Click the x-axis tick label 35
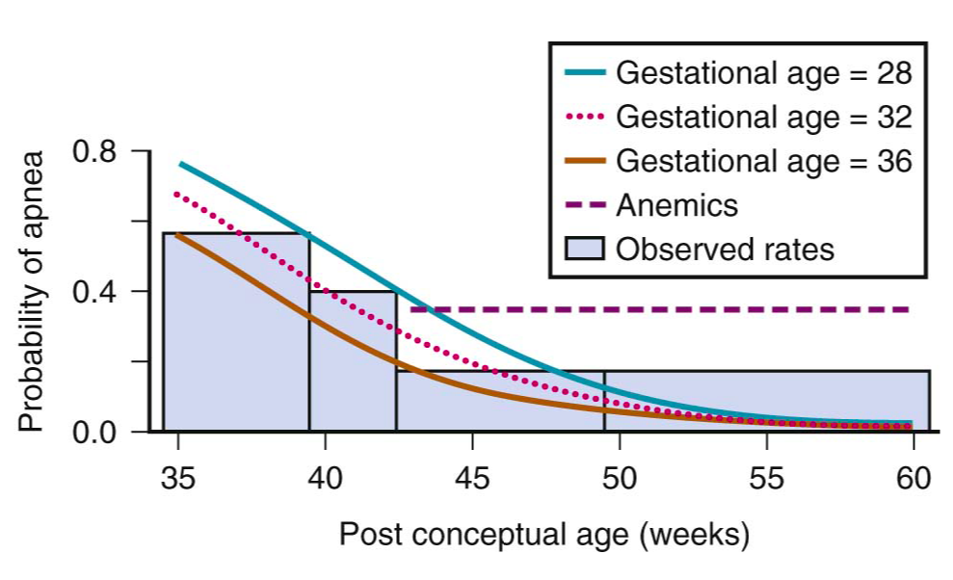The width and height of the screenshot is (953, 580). (179, 479)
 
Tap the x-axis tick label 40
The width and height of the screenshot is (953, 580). (326, 479)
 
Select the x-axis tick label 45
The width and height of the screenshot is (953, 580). (472, 479)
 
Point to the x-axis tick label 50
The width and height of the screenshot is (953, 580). (619, 479)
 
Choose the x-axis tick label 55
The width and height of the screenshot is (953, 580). (766, 479)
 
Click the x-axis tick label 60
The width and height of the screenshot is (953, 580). (913, 479)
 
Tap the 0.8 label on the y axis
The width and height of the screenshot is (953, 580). (94, 151)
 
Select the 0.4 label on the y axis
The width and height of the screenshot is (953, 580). (94, 291)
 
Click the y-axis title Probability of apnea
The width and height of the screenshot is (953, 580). (31, 291)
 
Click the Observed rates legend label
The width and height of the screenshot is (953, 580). (725, 249)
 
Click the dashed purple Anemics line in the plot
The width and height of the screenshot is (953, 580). (675, 309)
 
